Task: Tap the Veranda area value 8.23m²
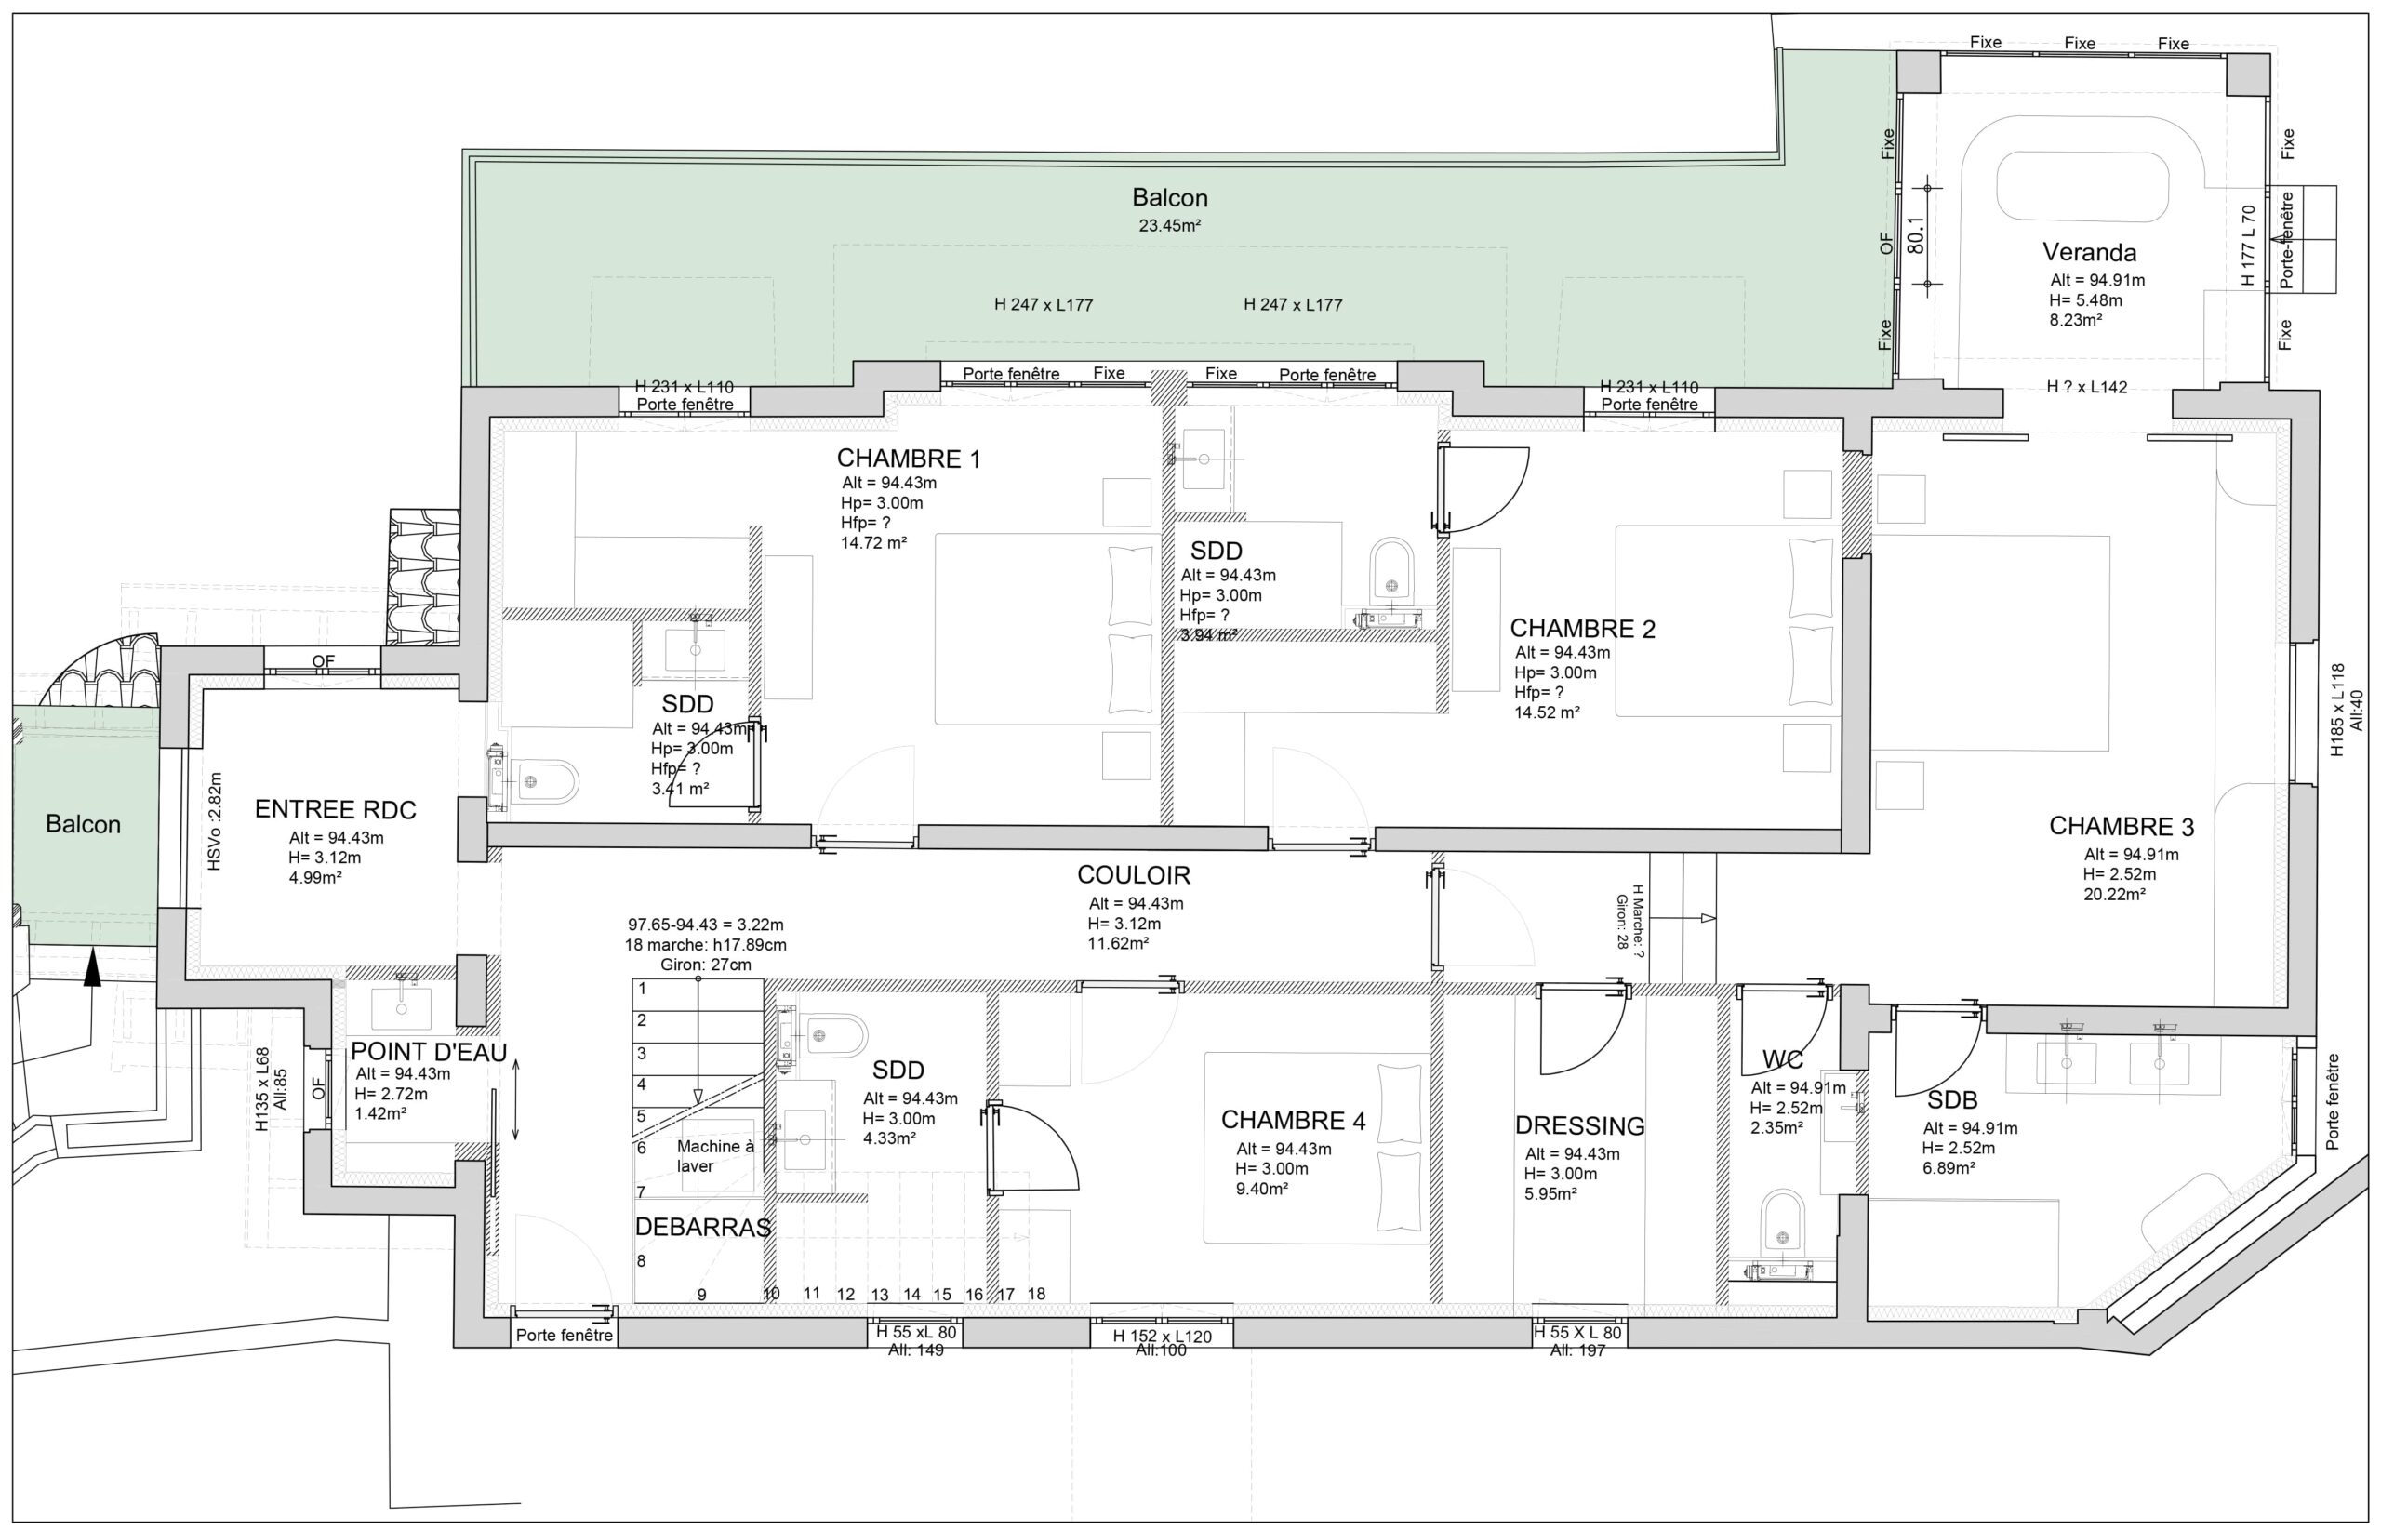tap(2075, 320)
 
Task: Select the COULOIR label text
tap(1134, 875)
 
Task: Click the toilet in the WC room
tap(1782, 1223)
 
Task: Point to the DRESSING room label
tap(1579, 1125)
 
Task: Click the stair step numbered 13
tap(879, 1295)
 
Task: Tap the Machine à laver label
tap(714, 1155)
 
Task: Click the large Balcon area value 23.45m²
tap(1169, 225)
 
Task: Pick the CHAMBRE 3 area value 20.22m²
tap(2114, 893)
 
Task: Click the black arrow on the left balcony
tap(91, 966)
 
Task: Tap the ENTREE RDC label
tap(335, 810)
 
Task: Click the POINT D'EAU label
tap(428, 1051)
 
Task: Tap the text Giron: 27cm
tap(705, 964)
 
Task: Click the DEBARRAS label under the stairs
tap(702, 1227)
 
